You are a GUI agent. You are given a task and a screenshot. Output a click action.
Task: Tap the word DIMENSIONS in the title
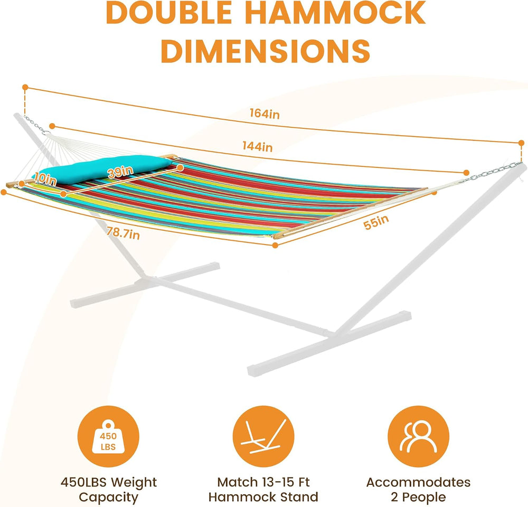tap(266, 51)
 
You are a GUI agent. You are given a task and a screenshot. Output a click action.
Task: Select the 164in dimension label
tap(265, 114)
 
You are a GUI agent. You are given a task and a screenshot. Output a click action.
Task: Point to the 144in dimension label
tap(258, 146)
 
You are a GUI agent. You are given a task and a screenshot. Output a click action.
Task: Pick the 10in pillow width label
tap(45, 179)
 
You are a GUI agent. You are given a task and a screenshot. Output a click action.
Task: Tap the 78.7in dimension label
tap(123, 232)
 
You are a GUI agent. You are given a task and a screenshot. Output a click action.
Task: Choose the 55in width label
tap(376, 222)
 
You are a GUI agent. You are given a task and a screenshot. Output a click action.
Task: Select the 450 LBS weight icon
tap(108, 437)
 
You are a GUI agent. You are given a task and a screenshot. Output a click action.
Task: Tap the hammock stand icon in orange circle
tap(263, 437)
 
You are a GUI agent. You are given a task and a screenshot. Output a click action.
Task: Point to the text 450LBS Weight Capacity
tap(108, 490)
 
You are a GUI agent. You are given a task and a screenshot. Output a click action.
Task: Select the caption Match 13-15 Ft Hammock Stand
tap(263, 490)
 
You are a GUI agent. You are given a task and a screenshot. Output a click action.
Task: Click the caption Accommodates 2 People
tap(419, 490)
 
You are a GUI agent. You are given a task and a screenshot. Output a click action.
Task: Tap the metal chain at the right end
tap(492, 172)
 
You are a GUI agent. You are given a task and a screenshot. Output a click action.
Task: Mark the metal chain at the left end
tap(36, 125)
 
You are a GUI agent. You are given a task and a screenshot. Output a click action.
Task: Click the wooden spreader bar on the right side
tap(350, 213)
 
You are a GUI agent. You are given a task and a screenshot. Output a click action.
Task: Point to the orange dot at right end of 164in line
tap(522, 143)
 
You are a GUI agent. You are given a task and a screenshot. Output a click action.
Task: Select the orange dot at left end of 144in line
tap(52, 126)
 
